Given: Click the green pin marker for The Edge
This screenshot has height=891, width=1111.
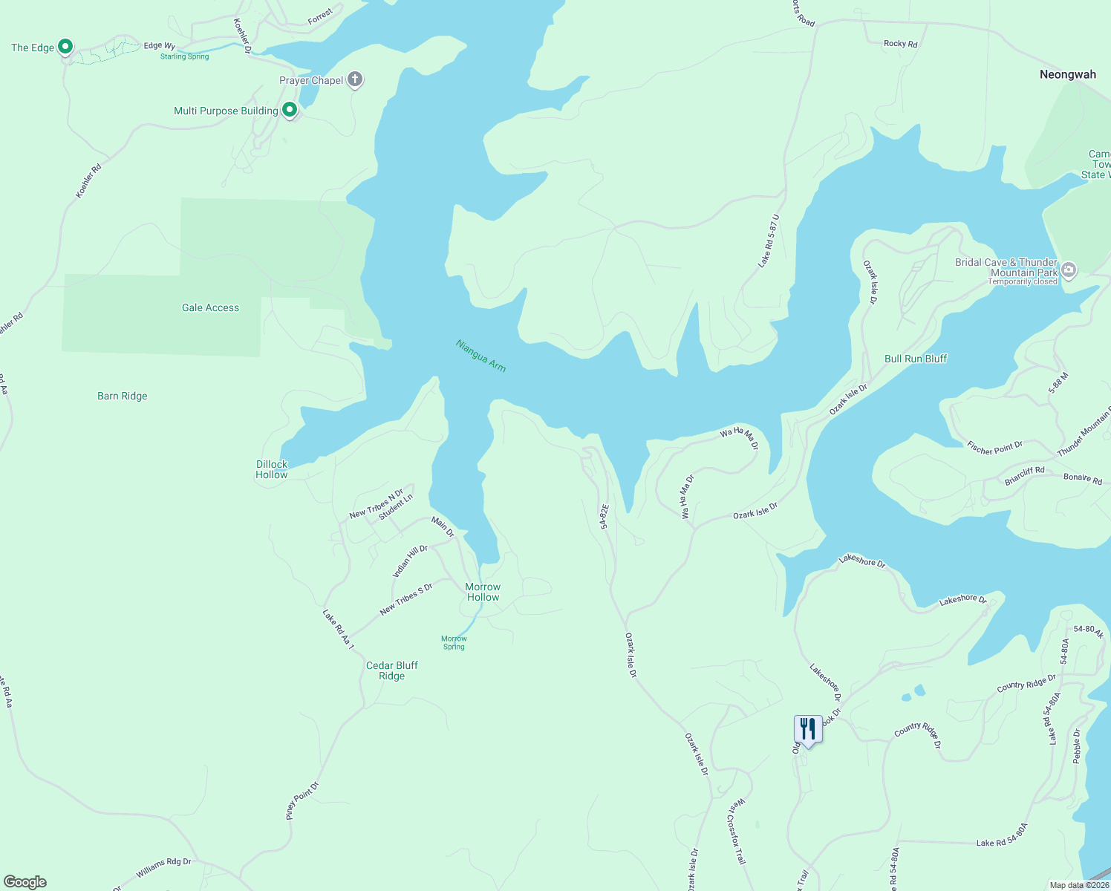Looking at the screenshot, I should point(65,47).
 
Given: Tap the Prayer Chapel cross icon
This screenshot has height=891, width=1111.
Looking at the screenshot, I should point(355,79).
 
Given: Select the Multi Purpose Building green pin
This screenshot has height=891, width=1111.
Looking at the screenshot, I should point(290,111).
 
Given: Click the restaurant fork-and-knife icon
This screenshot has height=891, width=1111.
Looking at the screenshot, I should point(807,729).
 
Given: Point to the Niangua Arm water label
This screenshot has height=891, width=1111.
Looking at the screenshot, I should point(480,356).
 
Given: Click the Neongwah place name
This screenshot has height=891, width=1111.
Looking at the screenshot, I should point(1067,74).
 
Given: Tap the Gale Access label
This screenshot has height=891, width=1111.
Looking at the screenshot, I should point(210,307).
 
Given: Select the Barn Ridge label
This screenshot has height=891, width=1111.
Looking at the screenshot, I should point(123,396).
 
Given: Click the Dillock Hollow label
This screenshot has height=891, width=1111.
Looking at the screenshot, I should point(272,469).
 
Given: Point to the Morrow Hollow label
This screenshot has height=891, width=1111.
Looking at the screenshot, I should point(483,592).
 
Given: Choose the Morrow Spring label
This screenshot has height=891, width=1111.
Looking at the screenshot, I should point(454,642).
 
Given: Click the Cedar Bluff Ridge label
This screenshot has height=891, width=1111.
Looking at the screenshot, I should point(392,670).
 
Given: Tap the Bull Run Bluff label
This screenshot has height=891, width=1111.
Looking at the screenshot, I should point(916,359).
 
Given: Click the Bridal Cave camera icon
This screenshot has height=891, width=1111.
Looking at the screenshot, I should point(1069,270).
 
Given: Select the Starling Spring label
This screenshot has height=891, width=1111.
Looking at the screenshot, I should point(185,56).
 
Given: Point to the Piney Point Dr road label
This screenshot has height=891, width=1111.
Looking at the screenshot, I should point(302,800).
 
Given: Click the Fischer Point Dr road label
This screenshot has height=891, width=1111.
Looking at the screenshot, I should point(995,447).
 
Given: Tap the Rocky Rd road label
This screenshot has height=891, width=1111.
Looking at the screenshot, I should point(900,44).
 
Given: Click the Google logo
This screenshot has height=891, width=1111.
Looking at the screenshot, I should point(25,882).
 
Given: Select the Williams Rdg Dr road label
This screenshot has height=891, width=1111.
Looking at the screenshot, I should point(163,866).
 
